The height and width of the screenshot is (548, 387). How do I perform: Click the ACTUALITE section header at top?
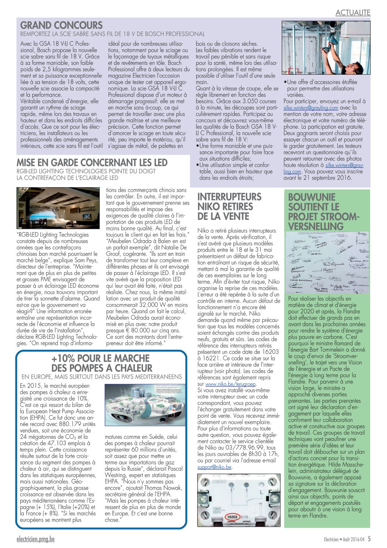[353, 12]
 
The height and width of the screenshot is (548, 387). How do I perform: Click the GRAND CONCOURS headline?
[61, 25]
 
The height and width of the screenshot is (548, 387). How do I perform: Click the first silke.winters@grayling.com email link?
[311, 108]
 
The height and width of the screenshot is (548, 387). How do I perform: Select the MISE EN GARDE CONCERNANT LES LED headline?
[92, 163]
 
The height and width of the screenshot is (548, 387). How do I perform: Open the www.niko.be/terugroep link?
[231, 384]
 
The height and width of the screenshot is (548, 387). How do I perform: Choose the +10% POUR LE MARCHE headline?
[101, 358]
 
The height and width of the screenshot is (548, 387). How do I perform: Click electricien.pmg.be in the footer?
[35, 539]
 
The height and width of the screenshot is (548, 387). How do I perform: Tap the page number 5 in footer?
[369, 539]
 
